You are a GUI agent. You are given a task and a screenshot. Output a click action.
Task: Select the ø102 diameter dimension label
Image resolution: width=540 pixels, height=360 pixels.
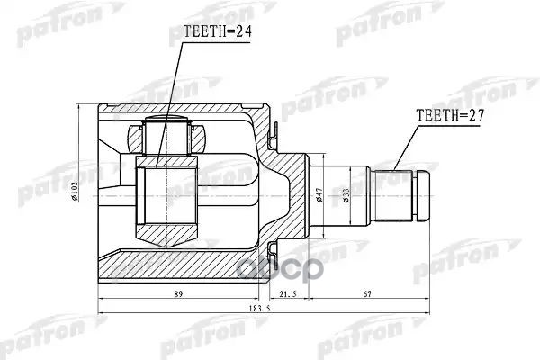78,191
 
